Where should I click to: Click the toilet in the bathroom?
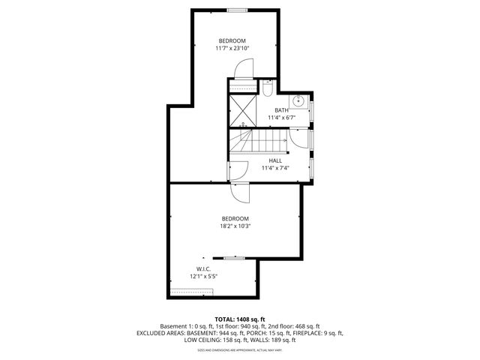[268, 89]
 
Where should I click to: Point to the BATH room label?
[281, 110]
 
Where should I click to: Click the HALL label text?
[275, 160]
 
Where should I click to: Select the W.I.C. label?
[203, 268]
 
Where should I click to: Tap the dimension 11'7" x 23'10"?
[232, 48]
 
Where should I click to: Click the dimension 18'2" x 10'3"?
[235, 226]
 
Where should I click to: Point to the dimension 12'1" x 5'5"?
[203, 276]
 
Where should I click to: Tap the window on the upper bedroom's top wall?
[238, 10]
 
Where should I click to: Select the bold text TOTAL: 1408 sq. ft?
[240, 319]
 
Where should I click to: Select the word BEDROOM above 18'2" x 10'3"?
[235, 218]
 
